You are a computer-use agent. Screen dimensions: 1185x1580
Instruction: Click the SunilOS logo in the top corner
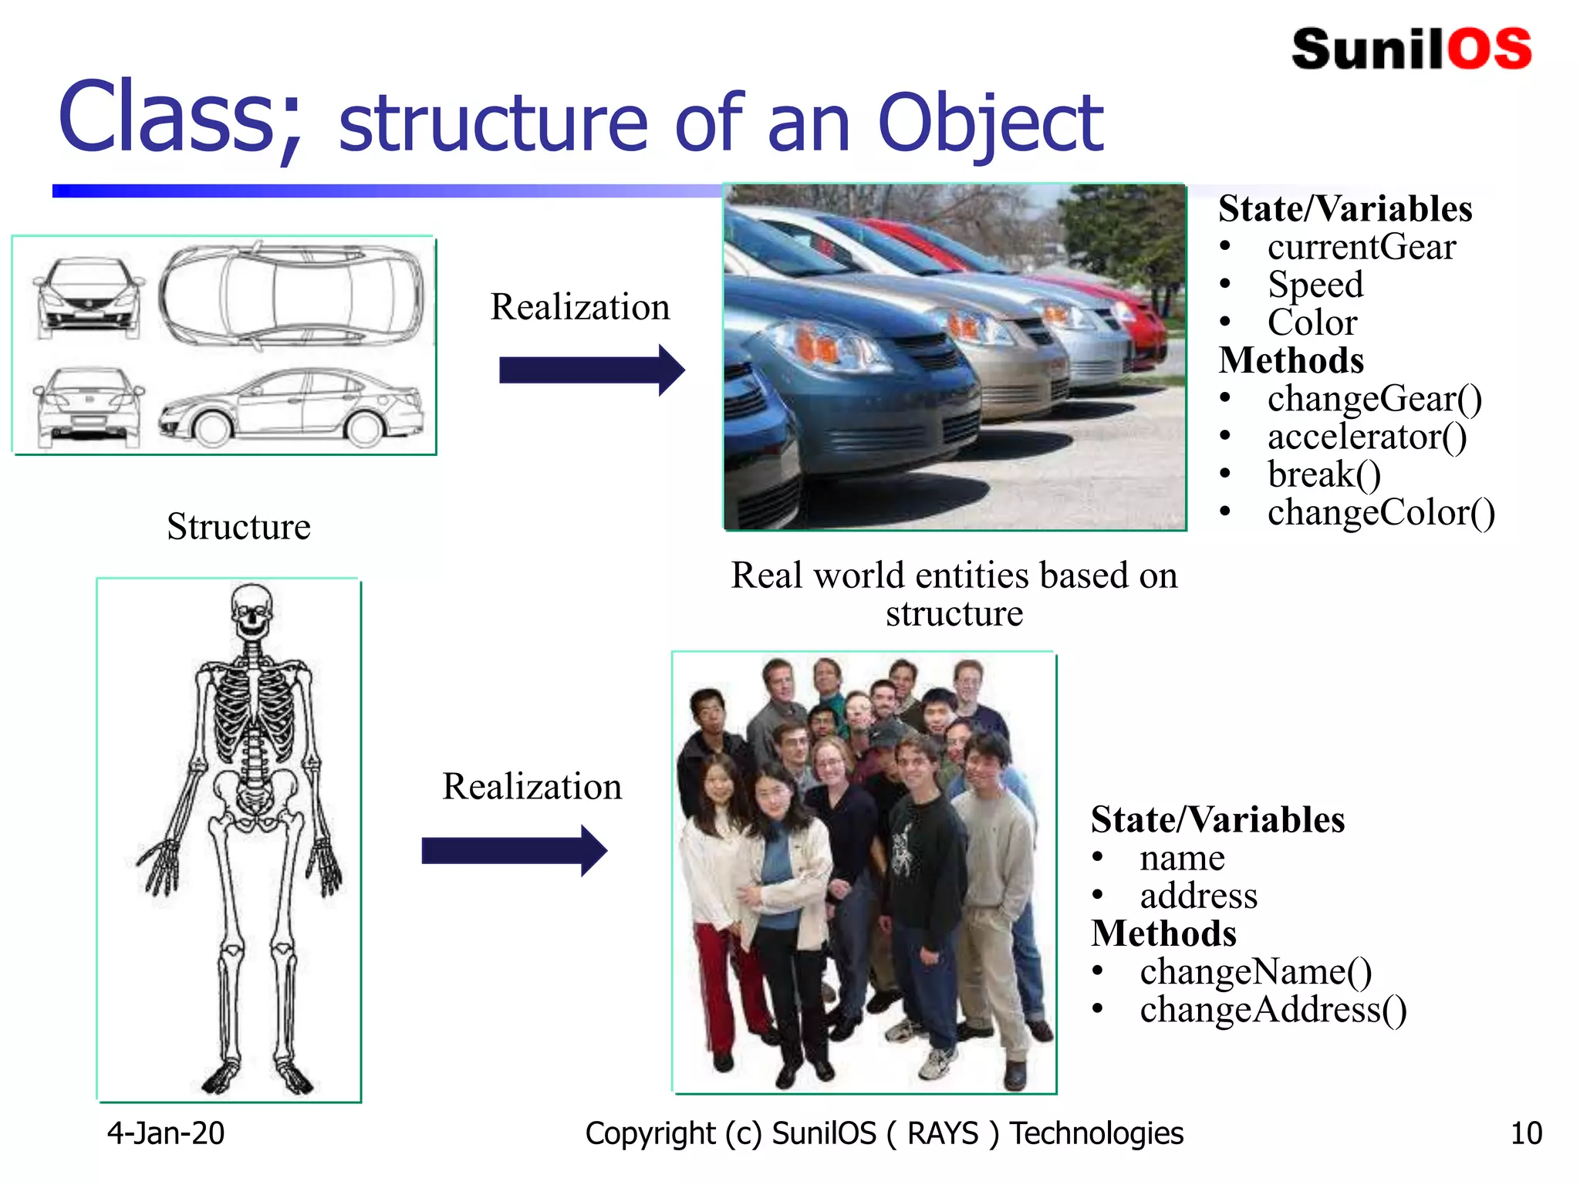click(1410, 49)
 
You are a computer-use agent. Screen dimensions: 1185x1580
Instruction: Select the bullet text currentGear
click(1361, 247)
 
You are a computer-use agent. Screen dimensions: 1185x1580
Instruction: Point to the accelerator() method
click(1366, 437)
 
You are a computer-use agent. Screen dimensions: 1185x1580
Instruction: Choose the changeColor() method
click(1380, 512)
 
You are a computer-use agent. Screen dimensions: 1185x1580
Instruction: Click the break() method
click(1324, 474)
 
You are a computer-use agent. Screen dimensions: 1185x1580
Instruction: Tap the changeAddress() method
click(1273, 1009)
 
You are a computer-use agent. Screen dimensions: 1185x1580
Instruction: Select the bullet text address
click(1198, 896)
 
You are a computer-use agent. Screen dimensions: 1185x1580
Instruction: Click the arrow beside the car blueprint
click(591, 370)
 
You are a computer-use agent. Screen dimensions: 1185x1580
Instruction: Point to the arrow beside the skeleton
click(514, 850)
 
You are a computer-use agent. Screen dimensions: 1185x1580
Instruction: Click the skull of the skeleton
click(252, 609)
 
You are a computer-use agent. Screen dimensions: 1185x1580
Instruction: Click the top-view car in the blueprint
click(292, 295)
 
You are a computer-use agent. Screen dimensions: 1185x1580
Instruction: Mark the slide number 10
click(1525, 1133)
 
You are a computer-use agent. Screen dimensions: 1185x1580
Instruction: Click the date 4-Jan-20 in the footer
click(165, 1133)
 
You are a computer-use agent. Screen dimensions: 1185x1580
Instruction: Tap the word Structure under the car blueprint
click(238, 527)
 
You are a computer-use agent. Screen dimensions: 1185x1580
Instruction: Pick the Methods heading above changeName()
click(1163, 933)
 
